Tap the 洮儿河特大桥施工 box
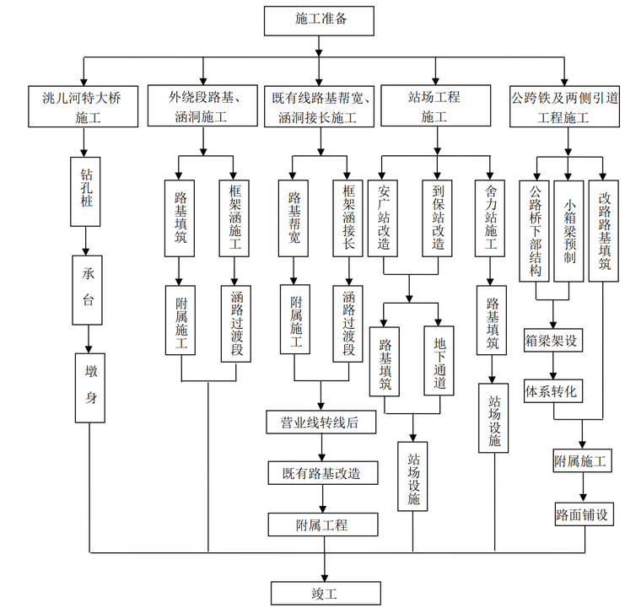pyautogui.click(x=82, y=106)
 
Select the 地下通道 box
pyautogui.click(x=439, y=360)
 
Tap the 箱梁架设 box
pyautogui.click(x=553, y=342)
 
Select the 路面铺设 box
pyautogui.click(x=583, y=513)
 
